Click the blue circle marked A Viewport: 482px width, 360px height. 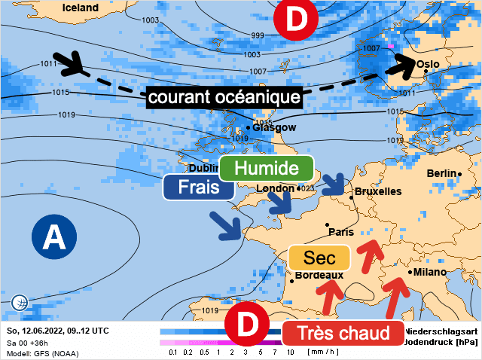[53, 237]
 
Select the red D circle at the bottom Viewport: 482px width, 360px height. [248, 325]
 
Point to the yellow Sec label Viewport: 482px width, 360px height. [319, 258]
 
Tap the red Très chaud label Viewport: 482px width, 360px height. [342, 333]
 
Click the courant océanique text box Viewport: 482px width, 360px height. [224, 97]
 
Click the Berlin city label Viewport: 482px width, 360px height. [442, 173]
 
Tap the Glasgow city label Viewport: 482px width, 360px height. [273, 127]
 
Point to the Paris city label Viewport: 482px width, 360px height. [341, 232]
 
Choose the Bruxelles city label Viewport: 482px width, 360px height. [377, 192]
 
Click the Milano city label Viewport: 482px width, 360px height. [427, 272]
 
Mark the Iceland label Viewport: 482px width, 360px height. [81, 8]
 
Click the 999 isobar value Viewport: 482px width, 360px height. [258, 36]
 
